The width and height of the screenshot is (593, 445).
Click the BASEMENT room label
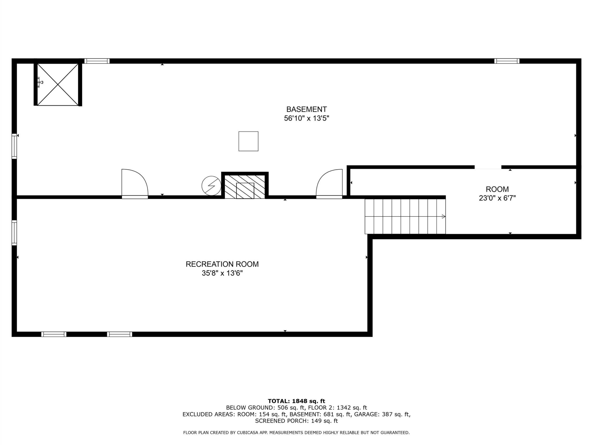pos(306,109)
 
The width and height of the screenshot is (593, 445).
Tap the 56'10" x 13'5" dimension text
pos(306,118)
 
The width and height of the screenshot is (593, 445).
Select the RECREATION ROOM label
pos(222,264)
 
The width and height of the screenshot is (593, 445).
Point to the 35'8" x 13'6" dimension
pos(222,273)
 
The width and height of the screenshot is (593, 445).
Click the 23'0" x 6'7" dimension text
pos(497,198)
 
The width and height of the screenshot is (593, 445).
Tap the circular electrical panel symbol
pos(211,186)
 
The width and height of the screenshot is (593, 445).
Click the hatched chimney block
pos(245,185)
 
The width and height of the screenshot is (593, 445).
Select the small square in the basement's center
pos(249,141)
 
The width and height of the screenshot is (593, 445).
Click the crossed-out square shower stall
pos(58,85)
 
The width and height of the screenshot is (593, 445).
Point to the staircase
pos(405,216)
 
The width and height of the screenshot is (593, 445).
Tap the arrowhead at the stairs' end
pos(444,216)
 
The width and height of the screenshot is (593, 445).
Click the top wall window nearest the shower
pos(97,61)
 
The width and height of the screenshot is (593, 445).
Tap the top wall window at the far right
pos(507,61)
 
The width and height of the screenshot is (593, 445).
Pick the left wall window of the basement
pos(14,146)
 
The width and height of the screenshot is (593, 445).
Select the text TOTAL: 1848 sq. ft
pos(296,401)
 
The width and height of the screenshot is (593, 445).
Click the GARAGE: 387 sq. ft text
pos(382,414)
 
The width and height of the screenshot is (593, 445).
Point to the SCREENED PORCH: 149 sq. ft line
pos(296,421)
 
